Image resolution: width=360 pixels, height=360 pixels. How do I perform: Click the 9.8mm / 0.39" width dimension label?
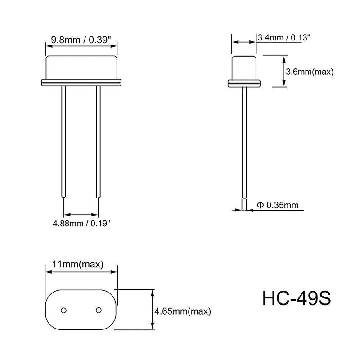81,40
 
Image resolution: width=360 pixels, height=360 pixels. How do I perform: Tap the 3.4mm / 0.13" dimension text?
284,38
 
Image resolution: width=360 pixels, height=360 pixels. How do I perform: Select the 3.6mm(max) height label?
310,71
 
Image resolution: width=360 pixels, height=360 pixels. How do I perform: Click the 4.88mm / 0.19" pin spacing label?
81,223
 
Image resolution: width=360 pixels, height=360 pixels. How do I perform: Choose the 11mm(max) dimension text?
78,264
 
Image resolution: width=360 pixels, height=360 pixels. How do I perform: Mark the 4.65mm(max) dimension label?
182,311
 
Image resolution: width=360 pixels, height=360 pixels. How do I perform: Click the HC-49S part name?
297,298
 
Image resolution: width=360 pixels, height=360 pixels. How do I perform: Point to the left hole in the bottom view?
64,310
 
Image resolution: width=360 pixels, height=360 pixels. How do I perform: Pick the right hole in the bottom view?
98,310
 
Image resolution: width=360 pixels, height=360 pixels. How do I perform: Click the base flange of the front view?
81,82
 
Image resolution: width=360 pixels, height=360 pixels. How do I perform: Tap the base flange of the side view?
244,82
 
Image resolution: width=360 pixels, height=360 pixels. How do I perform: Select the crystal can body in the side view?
244,67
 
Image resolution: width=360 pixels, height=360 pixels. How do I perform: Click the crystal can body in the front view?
81,67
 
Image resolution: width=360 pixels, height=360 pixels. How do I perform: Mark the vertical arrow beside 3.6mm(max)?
284,71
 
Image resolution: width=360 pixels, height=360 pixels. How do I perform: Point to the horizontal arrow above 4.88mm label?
81,214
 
